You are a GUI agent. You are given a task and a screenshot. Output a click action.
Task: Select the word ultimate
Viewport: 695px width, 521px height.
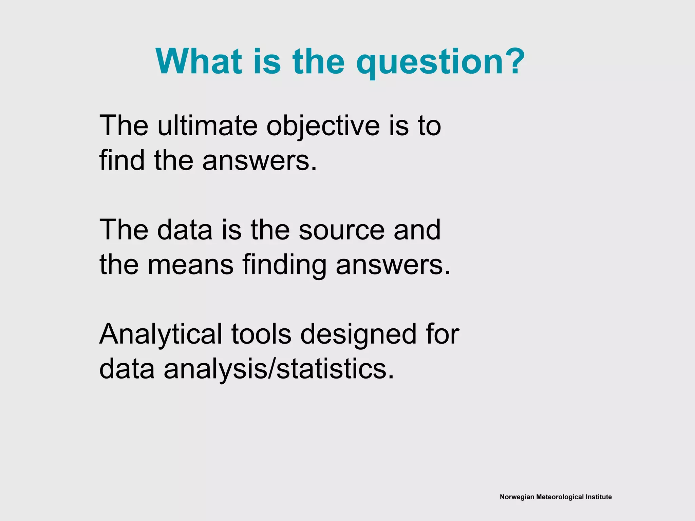(207, 126)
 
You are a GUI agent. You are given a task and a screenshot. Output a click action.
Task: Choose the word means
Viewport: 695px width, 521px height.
(190, 265)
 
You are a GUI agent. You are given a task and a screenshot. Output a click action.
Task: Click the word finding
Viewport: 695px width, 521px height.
(284, 266)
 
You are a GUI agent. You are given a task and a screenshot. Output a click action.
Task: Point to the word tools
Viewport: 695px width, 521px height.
(261, 334)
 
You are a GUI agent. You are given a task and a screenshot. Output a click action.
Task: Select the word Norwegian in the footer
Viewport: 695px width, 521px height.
(517, 497)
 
